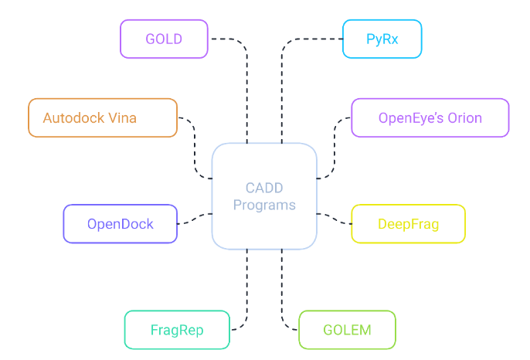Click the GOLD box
(x=164, y=39)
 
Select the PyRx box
(x=382, y=39)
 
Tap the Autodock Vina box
(x=103, y=118)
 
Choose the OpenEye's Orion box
(x=430, y=118)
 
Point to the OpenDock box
(x=120, y=224)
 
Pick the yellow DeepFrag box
(x=408, y=224)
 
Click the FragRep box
(x=177, y=330)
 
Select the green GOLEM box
(x=347, y=330)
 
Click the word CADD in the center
(x=264, y=188)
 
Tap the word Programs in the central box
(x=264, y=205)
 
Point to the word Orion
(x=464, y=118)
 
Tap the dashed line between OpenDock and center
(x=195, y=219)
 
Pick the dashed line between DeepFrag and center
(x=335, y=219)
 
